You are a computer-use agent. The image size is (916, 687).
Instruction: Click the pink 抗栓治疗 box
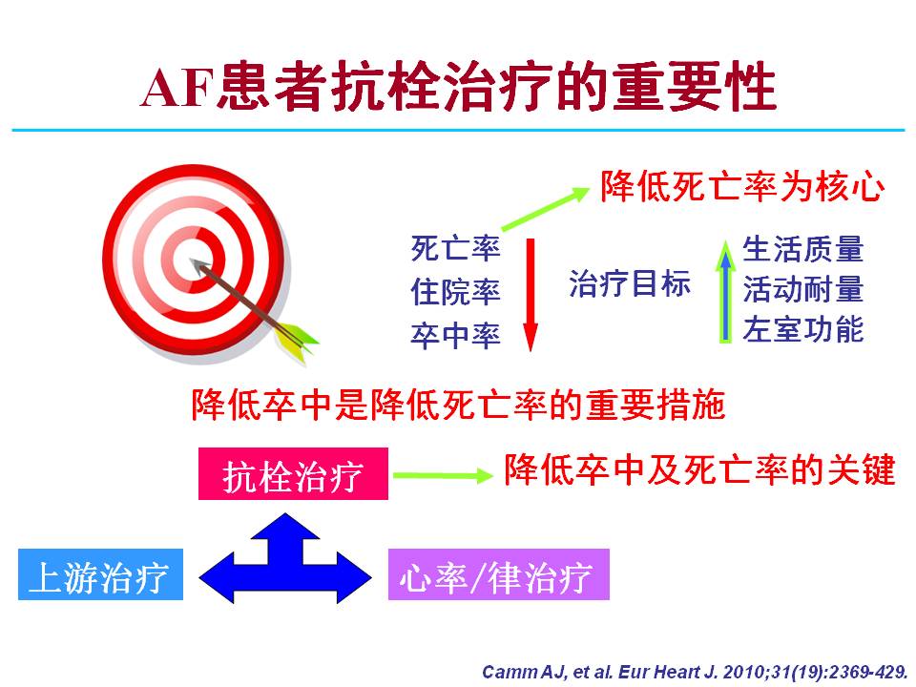[x=293, y=474]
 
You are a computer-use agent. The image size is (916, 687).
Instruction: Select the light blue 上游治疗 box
[x=100, y=574]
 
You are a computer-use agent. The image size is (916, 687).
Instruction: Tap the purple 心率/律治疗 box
[x=499, y=574]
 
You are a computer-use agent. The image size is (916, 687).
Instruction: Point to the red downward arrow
[x=531, y=295]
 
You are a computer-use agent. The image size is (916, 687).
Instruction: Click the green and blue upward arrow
[x=725, y=292]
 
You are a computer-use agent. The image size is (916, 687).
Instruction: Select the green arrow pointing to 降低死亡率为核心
[x=546, y=209]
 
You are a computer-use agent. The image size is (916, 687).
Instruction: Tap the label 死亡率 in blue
[x=456, y=248]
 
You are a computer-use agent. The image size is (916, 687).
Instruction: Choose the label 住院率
[x=456, y=292]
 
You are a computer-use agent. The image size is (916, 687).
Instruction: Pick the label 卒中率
[x=456, y=335]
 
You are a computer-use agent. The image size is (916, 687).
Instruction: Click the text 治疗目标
[x=630, y=284]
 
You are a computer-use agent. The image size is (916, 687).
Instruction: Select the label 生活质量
[x=802, y=249]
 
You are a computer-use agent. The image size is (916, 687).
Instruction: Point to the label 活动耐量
[x=802, y=289]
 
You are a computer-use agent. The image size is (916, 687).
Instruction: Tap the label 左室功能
[x=802, y=329]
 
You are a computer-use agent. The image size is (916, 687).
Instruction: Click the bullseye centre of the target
[x=192, y=260]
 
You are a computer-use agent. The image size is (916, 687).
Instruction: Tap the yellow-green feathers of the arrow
[x=297, y=341]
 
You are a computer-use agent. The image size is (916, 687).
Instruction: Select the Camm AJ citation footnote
[x=694, y=672]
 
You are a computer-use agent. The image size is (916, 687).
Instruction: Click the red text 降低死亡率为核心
[x=742, y=187]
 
